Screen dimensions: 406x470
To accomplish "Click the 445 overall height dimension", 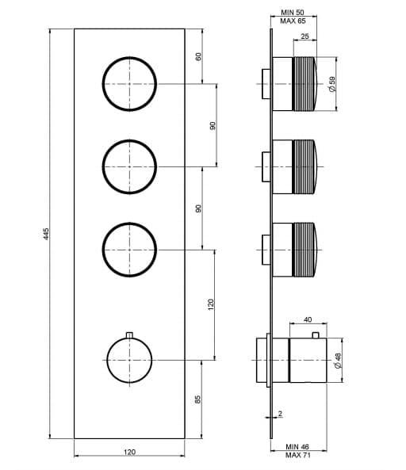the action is [46, 234].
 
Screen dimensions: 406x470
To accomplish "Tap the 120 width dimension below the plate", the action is [129, 452].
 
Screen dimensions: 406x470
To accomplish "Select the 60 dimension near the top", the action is [198, 56].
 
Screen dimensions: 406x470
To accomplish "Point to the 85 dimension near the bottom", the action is [197, 399].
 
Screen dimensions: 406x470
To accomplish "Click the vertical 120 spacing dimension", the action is [211, 304].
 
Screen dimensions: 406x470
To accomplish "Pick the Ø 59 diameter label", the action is [332, 84].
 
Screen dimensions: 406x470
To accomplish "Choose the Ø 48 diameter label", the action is [338, 361].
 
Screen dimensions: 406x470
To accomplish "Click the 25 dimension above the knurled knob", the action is [304, 36].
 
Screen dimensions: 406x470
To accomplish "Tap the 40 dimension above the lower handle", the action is [308, 319].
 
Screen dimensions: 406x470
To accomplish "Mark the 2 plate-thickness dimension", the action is [280, 414].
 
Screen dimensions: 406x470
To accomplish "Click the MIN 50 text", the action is [293, 13].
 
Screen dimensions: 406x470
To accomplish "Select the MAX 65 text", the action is [293, 21].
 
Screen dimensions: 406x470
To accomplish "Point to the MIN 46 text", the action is [297, 447].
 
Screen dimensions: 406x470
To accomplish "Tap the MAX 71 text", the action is [297, 455].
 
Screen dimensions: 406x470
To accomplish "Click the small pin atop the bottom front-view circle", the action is [129, 334].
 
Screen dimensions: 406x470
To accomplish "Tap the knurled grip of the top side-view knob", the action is [304, 84].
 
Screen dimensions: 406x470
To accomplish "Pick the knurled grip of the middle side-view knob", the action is [304, 166].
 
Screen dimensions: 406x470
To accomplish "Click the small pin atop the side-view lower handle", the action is [315, 334].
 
